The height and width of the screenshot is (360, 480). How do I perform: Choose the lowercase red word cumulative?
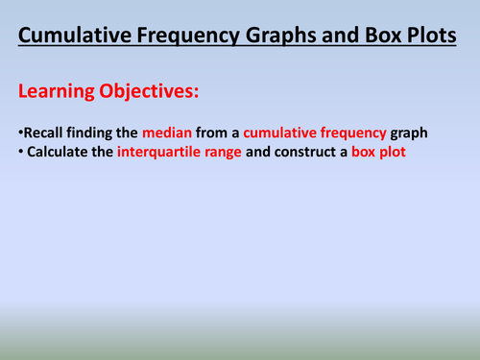288,132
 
